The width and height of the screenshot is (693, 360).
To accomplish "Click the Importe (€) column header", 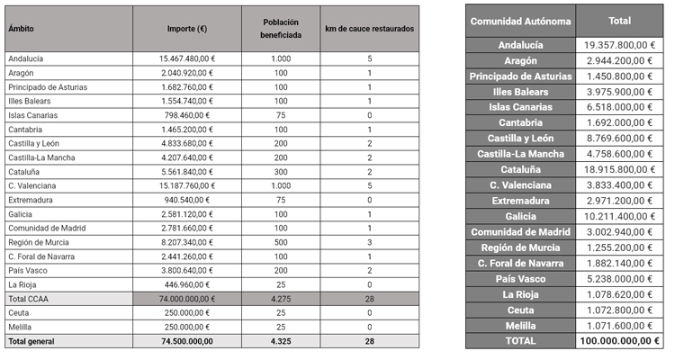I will [x=186, y=29].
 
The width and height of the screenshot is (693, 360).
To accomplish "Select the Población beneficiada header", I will [x=281, y=29].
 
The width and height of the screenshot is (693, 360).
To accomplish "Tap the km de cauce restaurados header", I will [x=370, y=29].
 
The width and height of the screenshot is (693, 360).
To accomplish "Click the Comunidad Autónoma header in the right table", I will [x=520, y=21].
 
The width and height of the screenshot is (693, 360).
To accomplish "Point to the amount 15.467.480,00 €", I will [x=186, y=58].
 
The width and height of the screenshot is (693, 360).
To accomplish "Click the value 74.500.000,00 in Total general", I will [x=186, y=341].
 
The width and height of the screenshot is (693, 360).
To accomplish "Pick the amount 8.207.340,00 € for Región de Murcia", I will [x=186, y=242].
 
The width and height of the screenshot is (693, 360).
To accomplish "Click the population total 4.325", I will [x=281, y=341].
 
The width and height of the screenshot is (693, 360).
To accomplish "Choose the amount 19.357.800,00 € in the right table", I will [x=619, y=44].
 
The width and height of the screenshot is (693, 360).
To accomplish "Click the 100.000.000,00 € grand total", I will [x=619, y=341].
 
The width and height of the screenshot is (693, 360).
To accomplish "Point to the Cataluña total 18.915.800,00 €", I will [x=619, y=169].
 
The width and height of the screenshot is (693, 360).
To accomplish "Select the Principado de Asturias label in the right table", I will [x=520, y=76].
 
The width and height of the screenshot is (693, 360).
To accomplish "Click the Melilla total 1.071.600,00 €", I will [x=619, y=325].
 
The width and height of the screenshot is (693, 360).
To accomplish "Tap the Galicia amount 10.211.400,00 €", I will [x=619, y=216].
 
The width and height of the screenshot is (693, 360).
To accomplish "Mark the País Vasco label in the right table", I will [x=520, y=278].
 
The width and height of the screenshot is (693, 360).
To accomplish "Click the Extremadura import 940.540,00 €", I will [x=186, y=200].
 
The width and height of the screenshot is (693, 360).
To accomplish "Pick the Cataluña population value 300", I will [x=281, y=172].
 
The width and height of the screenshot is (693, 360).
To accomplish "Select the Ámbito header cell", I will [x=22, y=29].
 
